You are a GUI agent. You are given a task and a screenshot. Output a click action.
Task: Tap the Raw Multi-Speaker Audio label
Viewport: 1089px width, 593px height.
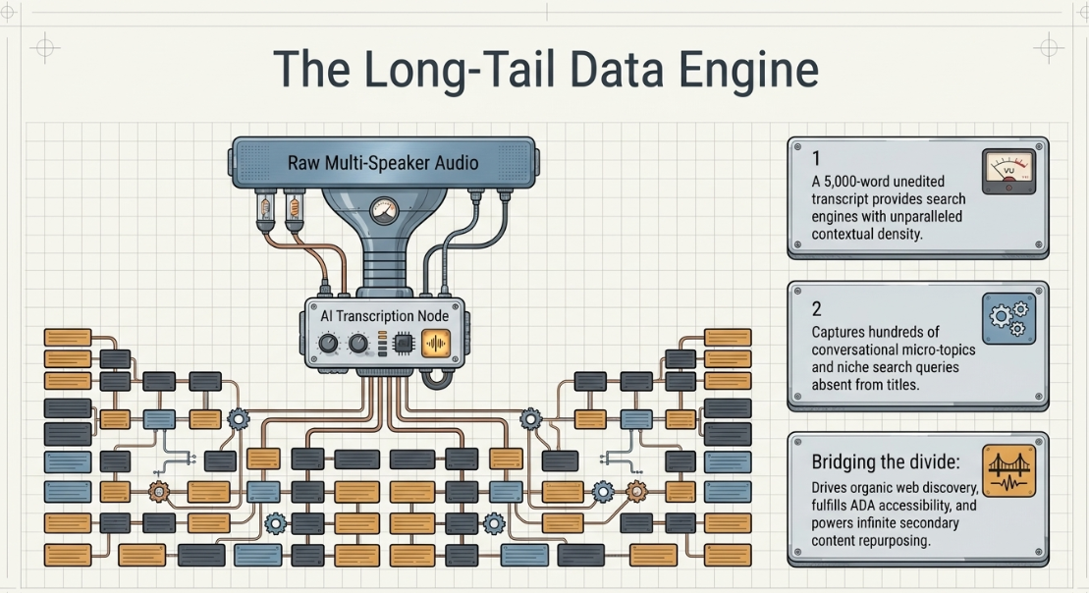pyautogui.click(x=383, y=163)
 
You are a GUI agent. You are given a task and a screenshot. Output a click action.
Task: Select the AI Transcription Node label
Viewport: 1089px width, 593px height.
pyautogui.click(x=384, y=316)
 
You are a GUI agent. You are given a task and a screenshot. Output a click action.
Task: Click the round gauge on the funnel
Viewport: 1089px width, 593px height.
pyautogui.click(x=383, y=210)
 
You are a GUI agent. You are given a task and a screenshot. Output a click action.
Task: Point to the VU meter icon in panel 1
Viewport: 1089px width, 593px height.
pyautogui.click(x=1008, y=172)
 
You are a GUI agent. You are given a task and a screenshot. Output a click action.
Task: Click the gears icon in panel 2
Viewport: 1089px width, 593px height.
pyautogui.click(x=1008, y=319)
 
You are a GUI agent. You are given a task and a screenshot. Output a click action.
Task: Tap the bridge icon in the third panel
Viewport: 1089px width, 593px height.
pyautogui.click(x=1008, y=470)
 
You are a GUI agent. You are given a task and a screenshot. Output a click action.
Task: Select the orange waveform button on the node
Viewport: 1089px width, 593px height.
pyautogui.click(x=435, y=343)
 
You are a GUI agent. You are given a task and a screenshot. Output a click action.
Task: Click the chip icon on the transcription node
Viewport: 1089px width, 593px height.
pyautogui.click(x=404, y=343)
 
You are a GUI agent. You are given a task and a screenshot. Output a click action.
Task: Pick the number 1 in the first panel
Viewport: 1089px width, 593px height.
pyautogui.click(x=817, y=158)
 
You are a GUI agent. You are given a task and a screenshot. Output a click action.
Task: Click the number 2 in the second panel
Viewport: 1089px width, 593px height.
pyautogui.click(x=817, y=309)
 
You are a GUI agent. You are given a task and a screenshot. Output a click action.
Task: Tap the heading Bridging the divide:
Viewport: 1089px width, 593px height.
pyautogui.click(x=886, y=461)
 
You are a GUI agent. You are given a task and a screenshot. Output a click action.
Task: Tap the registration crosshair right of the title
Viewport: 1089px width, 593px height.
pyautogui.click(x=1048, y=48)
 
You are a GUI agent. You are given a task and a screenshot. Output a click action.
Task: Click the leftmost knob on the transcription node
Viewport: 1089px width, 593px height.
pyautogui.click(x=328, y=343)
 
